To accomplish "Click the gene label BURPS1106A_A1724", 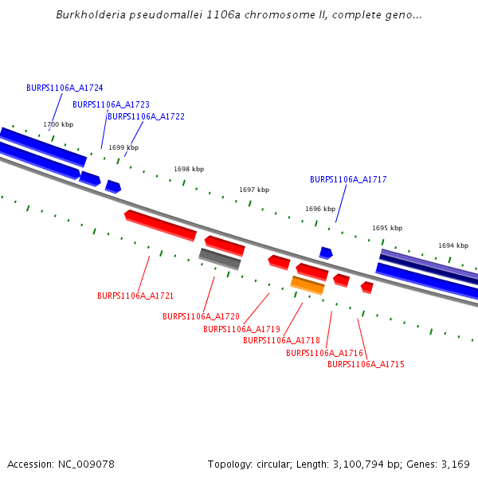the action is [x=65, y=88].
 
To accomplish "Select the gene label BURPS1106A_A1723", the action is [x=111, y=104].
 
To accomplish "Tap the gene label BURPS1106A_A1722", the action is [x=146, y=116].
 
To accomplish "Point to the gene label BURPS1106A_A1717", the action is [x=348, y=180].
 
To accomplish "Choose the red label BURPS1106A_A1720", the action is [x=201, y=316].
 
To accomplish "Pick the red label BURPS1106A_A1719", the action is [x=241, y=329].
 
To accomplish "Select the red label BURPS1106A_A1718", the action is [x=281, y=341].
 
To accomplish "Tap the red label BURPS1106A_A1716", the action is [x=324, y=353].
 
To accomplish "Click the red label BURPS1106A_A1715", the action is [x=366, y=365].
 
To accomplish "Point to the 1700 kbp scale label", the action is [x=58, y=125].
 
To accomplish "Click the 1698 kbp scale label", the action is [x=189, y=170].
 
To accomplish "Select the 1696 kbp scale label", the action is [x=319, y=210].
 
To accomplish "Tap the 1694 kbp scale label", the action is [x=453, y=246].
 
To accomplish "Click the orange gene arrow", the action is [x=308, y=285].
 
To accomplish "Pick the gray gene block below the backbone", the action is [x=220, y=259].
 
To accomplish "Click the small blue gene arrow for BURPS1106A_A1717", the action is [x=326, y=253].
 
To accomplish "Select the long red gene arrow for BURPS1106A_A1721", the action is [x=160, y=225].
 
